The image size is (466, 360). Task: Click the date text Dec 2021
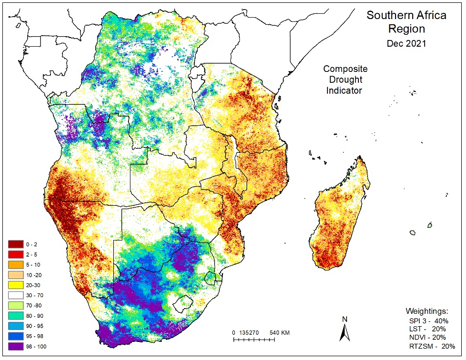pyautogui.click(x=406, y=43)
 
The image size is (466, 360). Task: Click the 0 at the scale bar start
pyautogui.click(x=234, y=332)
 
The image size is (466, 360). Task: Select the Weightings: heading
pyautogui.click(x=427, y=311)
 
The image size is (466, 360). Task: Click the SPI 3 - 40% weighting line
pyautogui.click(x=429, y=320)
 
